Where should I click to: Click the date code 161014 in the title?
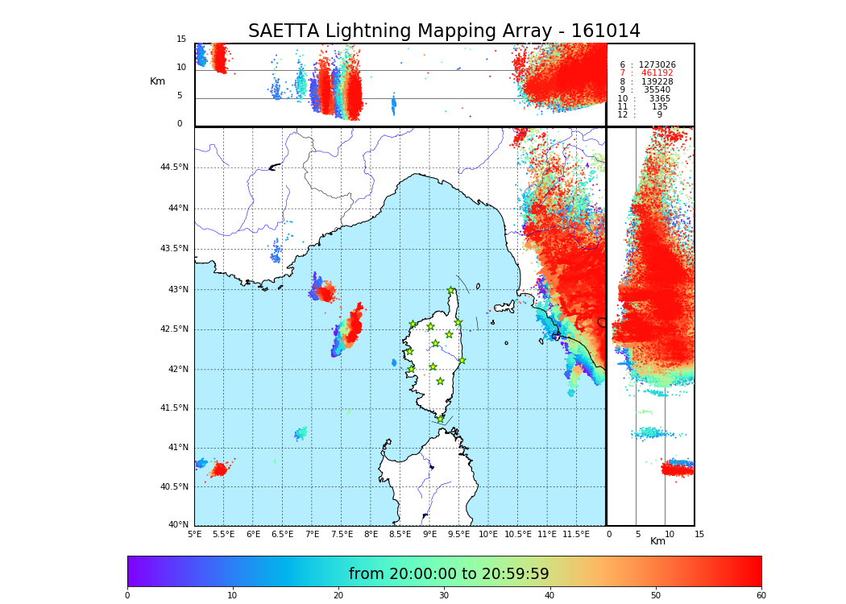605,31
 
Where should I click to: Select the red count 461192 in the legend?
657,73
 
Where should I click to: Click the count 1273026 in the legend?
657,64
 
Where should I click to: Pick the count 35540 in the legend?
657,90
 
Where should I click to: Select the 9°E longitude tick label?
430,534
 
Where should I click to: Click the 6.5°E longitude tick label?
282,534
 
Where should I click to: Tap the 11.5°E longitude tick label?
577,534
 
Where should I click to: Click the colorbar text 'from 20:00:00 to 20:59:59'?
449,574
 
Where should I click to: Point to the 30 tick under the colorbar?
444,596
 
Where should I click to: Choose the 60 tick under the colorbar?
761,596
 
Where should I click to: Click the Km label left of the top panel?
157,81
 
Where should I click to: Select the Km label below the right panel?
658,541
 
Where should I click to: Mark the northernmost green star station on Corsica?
451,291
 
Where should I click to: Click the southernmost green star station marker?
440,419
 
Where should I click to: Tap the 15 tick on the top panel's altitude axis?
181,39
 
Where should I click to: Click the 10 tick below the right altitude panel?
670,534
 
